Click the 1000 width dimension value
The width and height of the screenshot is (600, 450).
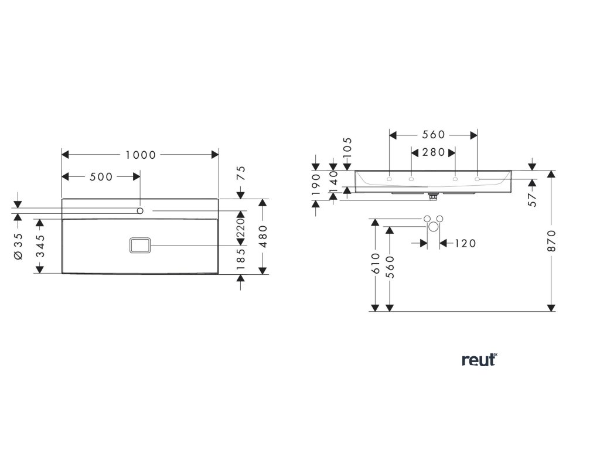pyautogui.click(x=140, y=155)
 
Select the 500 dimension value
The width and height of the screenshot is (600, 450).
pyautogui.click(x=101, y=177)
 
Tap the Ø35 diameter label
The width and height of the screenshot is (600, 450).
pyautogui.click(x=18, y=246)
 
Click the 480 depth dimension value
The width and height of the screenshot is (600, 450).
pyautogui.click(x=263, y=236)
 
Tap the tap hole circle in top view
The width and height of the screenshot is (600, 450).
pyautogui.click(x=141, y=210)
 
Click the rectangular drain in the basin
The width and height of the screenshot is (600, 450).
pyautogui.click(x=139, y=246)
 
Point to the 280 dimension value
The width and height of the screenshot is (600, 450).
pyautogui.click(x=434, y=152)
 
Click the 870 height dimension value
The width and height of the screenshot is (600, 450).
pyautogui.click(x=551, y=241)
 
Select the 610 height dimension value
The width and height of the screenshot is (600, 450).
pyautogui.click(x=374, y=265)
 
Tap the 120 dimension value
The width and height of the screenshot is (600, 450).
pyautogui.click(x=465, y=243)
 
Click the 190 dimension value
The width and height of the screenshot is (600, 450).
pyautogui.click(x=316, y=185)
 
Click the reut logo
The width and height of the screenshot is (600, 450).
pyautogui.click(x=479, y=360)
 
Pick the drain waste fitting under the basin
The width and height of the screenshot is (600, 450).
pyautogui.click(x=434, y=196)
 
